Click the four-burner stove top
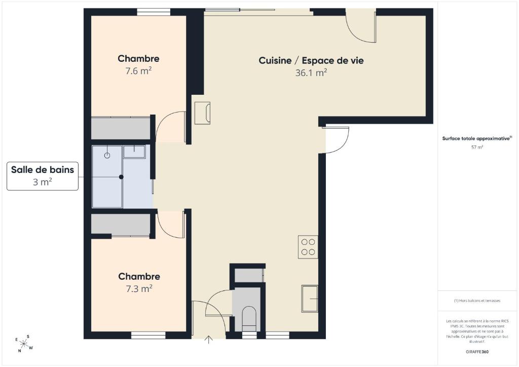(x=308, y=247)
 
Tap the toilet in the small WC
(x=249, y=319)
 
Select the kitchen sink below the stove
(x=310, y=298)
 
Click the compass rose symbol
(x=24, y=344)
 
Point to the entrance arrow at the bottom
(x=208, y=340)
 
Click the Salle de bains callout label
(x=43, y=176)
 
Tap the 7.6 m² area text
(x=138, y=71)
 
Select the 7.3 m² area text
(x=139, y=288)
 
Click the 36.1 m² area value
(x=311, y=72)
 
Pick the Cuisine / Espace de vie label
(x=311, y=60)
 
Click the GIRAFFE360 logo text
(x=477, y=352)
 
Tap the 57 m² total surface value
(x=477, y=148)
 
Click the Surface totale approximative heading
(x=477, y=139)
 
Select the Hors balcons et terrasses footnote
(x=477, y=301)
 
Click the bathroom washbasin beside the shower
(x=134, y=152)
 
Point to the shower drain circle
(x=107, y=156)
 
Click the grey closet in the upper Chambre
(x=121, y=128)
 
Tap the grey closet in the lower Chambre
(x=121, y=225)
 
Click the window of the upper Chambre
(x=154, y=12)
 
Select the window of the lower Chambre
(x=149, y=335)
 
